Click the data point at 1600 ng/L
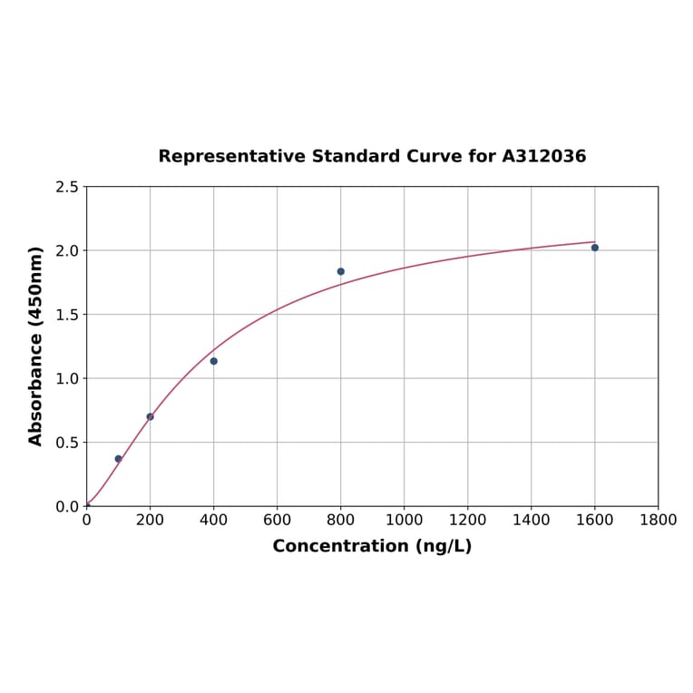coord(595,248)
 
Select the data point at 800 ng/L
coord(341,271)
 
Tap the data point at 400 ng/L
coord(214,361)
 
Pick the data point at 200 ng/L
coord(151,416)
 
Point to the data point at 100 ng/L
coord(119,459)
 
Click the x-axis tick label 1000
coord(405,520)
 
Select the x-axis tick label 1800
coord(659,520)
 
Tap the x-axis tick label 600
coord(278,520)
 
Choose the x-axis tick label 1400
coord(532,520)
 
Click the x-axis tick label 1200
coord(468,520)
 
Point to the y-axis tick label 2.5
coord(67,187)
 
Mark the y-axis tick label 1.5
coord(67,315)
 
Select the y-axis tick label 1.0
coord(67,378)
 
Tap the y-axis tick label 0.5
coord(67,443)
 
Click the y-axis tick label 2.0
coord(67,250)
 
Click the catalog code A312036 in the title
coord(544,156)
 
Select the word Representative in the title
coord(231,156)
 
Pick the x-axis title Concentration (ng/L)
coord(372,546)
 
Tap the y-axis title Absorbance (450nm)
coord(36,346)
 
